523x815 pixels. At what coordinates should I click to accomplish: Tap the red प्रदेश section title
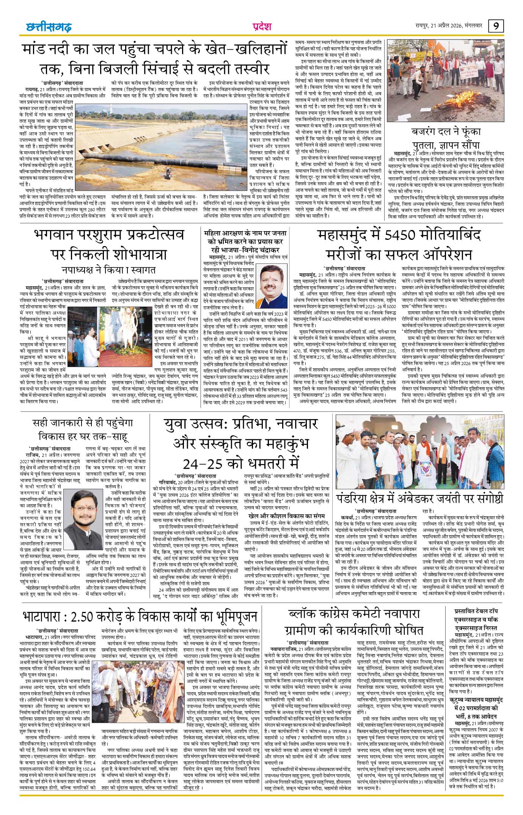tap(261, 27)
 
